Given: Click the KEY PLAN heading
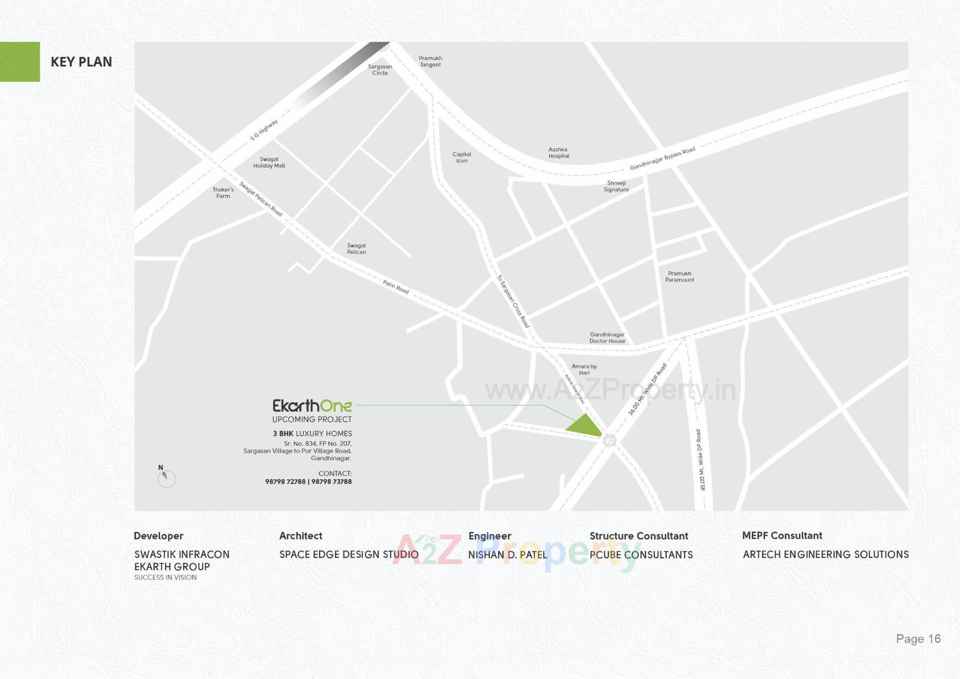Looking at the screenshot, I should click(x=81, y=62).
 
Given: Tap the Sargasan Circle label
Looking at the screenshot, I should click(x=380, y=69).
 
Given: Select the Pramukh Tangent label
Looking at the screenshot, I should click(x=430, y=61).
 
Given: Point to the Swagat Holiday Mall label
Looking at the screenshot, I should click(x=269, y=162).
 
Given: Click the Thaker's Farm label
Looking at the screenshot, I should click(x=223, y=193).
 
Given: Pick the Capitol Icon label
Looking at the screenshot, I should click(x=461, y=157).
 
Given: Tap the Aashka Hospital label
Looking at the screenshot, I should click(x=558, y=152).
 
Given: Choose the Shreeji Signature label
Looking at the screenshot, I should click(x=616, y=186).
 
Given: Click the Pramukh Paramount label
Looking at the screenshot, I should click(x=679, y=276).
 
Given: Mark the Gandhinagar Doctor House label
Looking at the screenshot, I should click(x=607, y=338).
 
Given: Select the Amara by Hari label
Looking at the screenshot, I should click(x=584, y=369).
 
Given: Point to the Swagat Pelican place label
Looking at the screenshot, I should click(x=356, y=248).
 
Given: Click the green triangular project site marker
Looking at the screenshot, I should click(x=584, y=426).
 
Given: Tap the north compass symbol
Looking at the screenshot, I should click(x=166, y=478).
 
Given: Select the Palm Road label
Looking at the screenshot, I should click(x=395, y=287).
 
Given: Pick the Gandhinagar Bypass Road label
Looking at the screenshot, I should click(x=662, y=158).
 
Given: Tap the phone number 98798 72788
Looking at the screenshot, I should click(x=285, y=481).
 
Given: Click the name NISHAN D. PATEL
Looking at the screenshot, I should click(x=507, y=554).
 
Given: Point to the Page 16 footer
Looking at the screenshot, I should click(x=918, y=638).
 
